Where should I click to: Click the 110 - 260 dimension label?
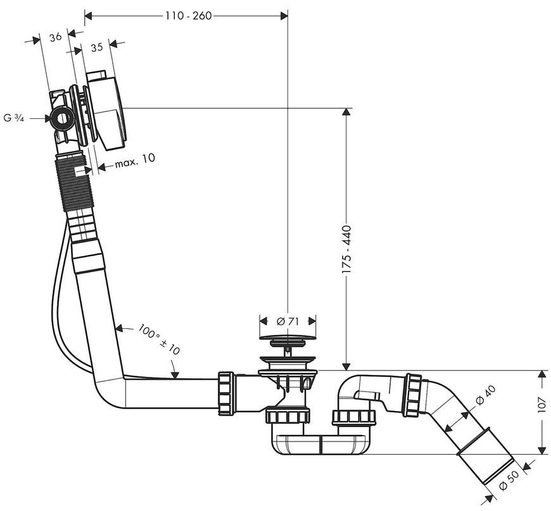tap(189, 16)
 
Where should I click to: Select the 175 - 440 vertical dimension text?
tap(346, 250)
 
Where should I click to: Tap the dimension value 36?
tap(56, 37)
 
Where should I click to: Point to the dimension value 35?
tap(97, 47)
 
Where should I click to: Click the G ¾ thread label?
tap(14, 118)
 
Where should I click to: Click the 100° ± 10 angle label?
tap(159, 339)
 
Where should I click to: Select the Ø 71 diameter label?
tap(288, 321)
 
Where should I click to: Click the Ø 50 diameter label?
tap(509, 480)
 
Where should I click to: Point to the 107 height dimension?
tap(542, 405)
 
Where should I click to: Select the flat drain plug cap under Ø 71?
tap(288, 337)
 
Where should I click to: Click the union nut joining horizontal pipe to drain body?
tap(226, 393)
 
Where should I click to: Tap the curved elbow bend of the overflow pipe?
tap(105, 392)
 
